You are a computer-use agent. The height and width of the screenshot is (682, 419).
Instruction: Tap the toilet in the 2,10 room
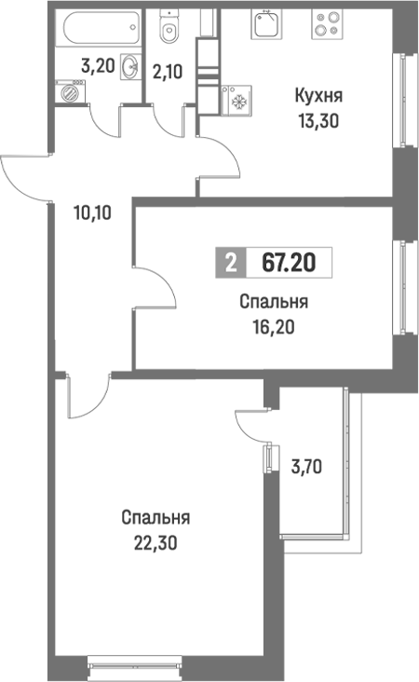tap(169, 32)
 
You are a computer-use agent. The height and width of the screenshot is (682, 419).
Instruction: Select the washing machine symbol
tap(68, 92)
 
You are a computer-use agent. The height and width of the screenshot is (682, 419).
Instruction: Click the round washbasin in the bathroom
tap(129, 66)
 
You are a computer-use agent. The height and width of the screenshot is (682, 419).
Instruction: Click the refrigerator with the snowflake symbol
tap(237, 101)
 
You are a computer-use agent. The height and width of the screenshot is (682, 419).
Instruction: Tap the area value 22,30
tap(155, 541)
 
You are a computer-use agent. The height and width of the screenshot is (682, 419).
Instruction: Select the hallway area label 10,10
tap(91, 211)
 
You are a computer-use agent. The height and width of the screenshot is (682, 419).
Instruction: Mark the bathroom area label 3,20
tap(97, 66)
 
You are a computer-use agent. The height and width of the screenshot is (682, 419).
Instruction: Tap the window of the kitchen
tap(402, 102)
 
